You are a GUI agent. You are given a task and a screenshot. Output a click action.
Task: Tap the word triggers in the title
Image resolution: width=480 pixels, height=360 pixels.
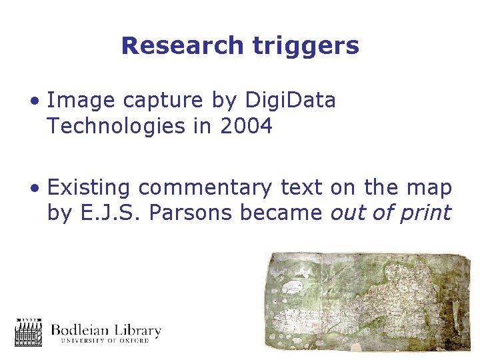tap(306, 46)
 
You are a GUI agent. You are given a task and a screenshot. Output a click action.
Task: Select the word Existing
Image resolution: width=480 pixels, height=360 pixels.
tap(89, 189)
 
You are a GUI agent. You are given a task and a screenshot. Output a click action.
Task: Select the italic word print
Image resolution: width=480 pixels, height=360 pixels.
tap(425, 214)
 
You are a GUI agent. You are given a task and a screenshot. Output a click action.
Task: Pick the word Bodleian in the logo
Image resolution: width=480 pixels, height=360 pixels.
tap(82, 330)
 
